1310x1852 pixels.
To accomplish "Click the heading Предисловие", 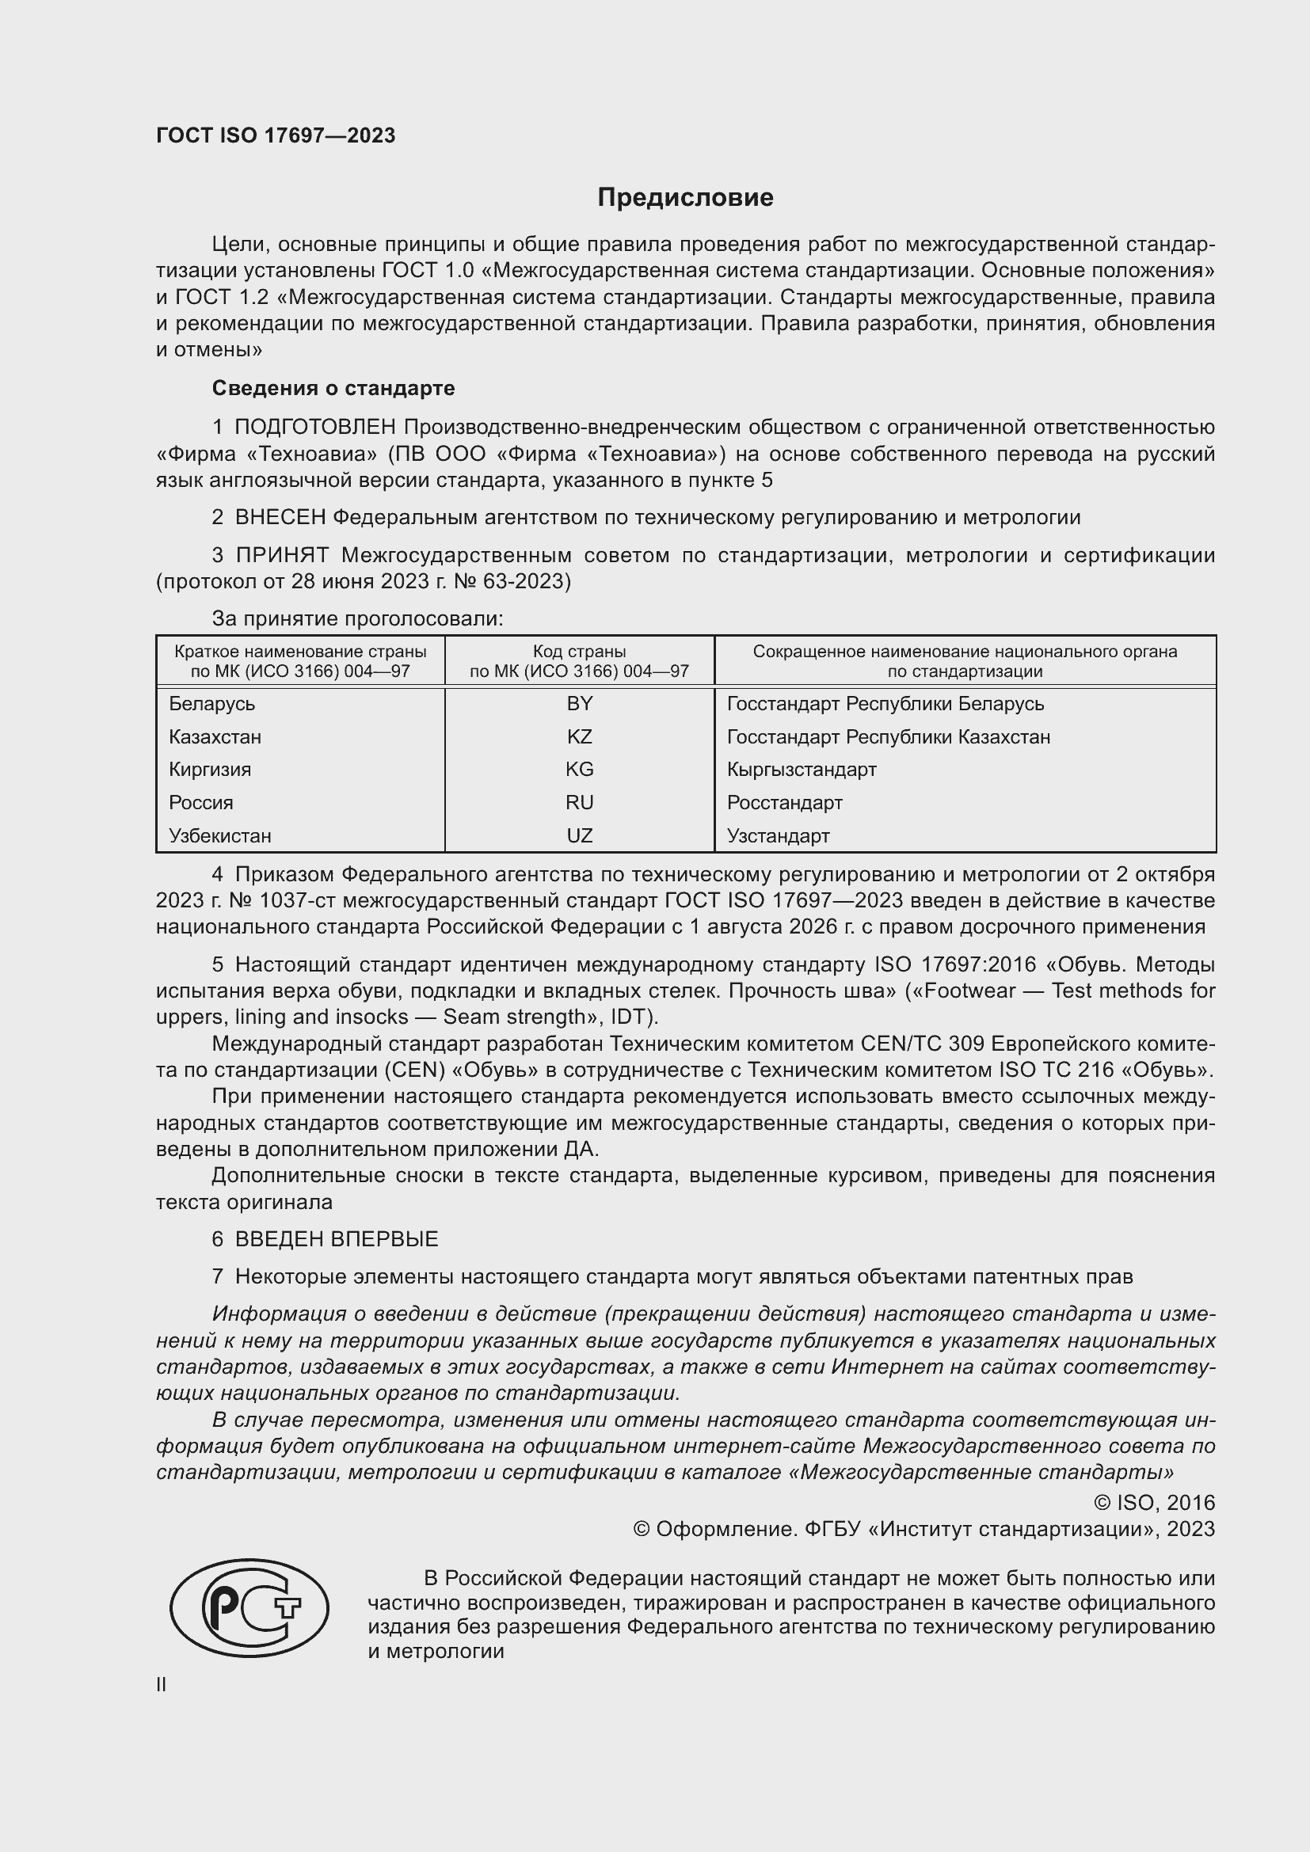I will coord(685,198).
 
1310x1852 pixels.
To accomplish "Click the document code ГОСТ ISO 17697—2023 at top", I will coord(276,135).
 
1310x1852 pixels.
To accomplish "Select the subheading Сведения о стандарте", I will coord(333,388).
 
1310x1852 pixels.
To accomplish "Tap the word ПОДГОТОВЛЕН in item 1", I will coord(315,427).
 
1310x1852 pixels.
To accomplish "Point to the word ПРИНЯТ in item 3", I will coord(282,555).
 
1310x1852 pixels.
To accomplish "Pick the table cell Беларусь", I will coord(212,703).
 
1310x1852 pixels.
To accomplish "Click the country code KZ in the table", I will coord(579,736).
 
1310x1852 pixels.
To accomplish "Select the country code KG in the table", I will coord(579,770).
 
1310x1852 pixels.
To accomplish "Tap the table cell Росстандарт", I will coord(784,803).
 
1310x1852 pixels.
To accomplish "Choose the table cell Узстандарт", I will coord(778,835).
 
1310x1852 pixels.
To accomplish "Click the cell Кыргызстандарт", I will coord(801,770).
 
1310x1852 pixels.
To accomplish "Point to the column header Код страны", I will coord(579,651).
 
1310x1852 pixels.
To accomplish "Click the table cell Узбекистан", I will coord(220,835).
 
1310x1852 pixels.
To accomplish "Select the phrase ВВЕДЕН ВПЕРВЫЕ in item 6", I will coord(337,1239).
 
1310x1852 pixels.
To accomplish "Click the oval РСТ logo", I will coord(249,1607).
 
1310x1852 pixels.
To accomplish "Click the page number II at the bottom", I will coord(162,1685).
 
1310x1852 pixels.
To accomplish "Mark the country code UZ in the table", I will coord(579,835).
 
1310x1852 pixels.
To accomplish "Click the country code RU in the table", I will coord(579,803).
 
